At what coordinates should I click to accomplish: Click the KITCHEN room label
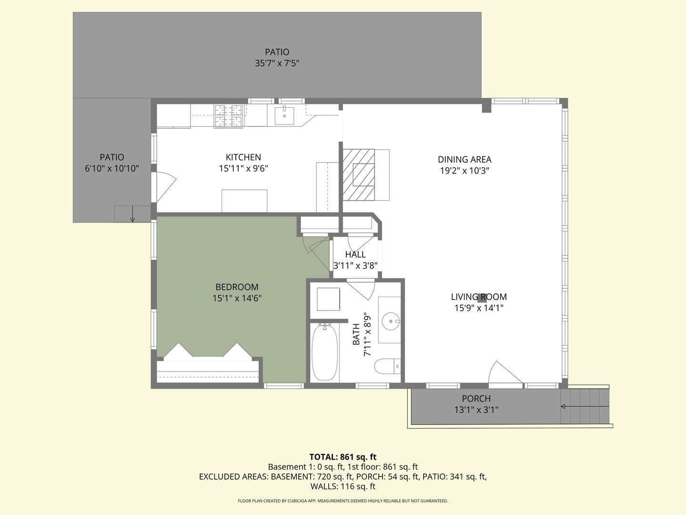[243, 157]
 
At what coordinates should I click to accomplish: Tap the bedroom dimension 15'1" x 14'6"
[237, 298]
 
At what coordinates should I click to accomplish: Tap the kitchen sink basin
[284, 115]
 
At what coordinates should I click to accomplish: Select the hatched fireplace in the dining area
[359, 175]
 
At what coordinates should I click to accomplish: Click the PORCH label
[476, 399]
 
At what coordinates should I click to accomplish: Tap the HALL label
[355, 255]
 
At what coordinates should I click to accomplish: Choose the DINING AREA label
[464, 160]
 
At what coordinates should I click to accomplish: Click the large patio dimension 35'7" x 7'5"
[277, 63]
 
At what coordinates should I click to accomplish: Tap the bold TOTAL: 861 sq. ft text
[343, 457]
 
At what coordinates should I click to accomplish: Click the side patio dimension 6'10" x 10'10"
[112, 168]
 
